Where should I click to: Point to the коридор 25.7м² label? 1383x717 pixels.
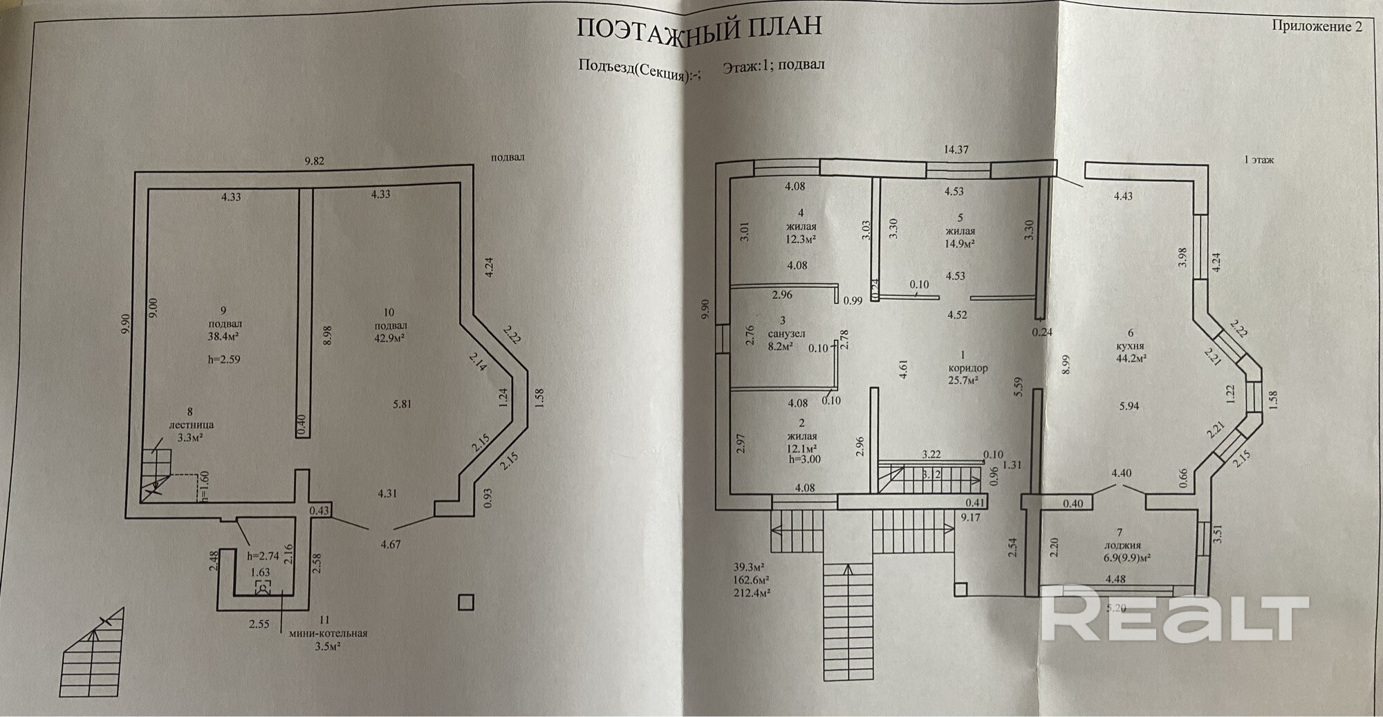(968, 368)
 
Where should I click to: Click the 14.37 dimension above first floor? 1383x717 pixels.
(956, 149)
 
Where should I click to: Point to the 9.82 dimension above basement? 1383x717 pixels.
(315, 161)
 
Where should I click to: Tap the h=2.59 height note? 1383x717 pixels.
(223, 360)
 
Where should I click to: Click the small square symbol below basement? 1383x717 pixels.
(466, 602)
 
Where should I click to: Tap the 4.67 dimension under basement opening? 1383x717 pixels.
(391, 545)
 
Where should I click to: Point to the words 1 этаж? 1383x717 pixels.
(1259, 160)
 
